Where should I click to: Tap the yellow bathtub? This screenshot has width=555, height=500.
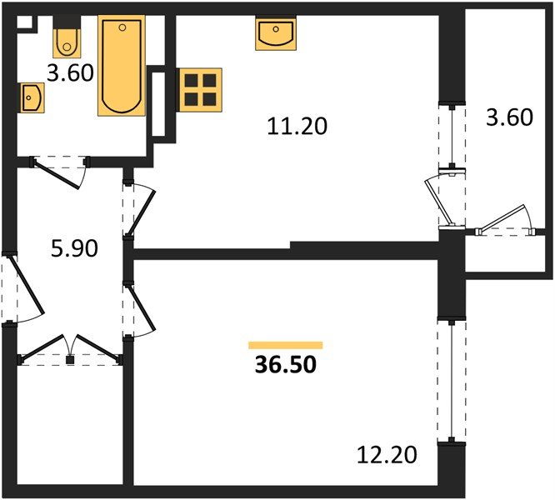tap(122, 67)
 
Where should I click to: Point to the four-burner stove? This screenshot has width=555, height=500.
tap(200, 88)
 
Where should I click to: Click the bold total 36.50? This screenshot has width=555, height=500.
tap(285, 365)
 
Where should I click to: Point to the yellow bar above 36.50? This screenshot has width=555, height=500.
tap(285, 344)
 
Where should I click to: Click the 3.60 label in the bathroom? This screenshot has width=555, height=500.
tap(69, 73)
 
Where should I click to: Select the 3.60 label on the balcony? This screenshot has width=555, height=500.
tap(508, 117)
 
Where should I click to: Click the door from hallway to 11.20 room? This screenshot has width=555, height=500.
tap(138, 207)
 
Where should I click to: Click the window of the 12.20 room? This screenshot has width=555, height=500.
tap(449, 380)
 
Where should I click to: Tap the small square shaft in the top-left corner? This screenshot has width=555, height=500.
tap(24, 24)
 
